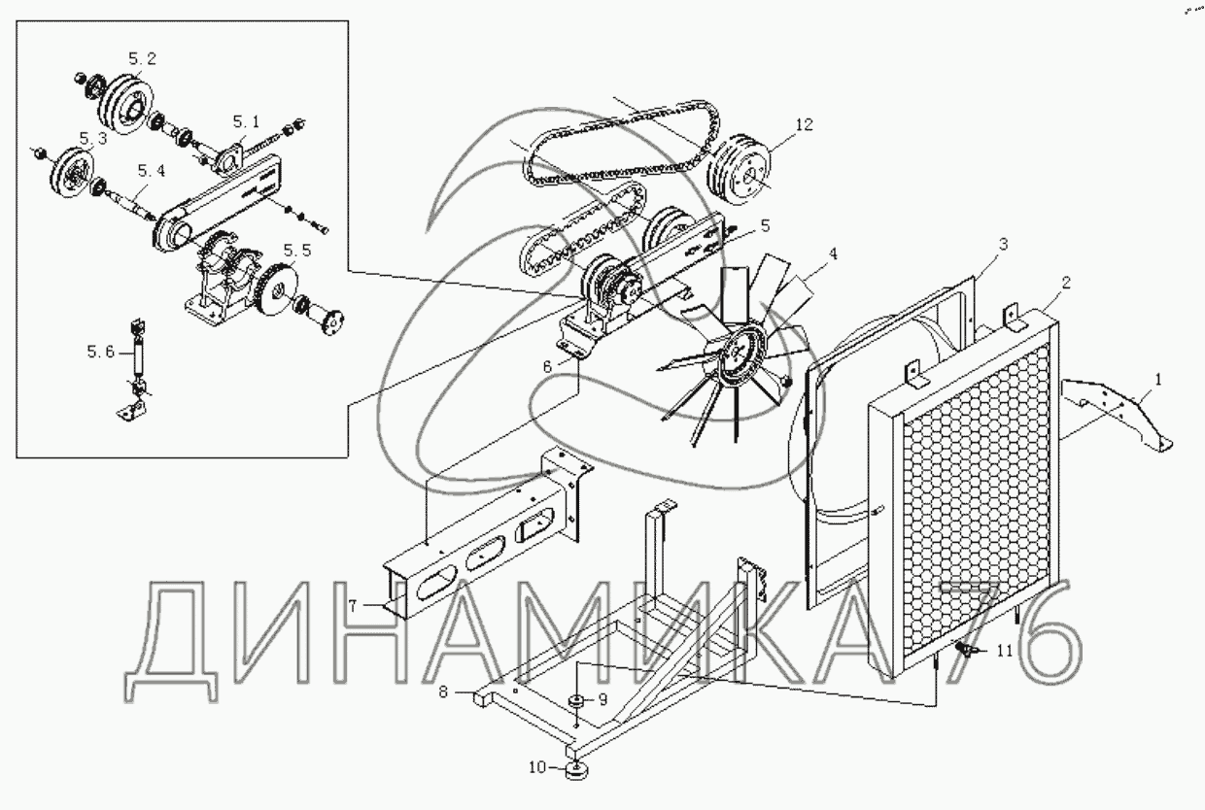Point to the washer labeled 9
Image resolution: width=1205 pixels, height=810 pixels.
(x=575, y=702)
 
